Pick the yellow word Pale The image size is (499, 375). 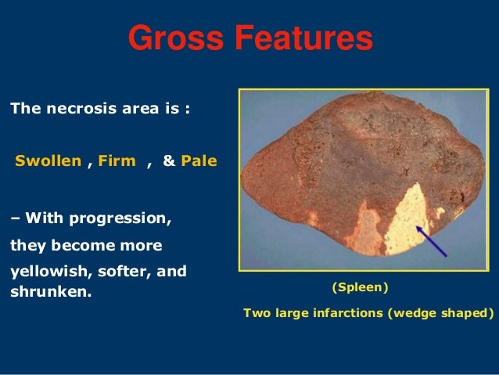tap(199, 162)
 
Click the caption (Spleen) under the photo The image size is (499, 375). tap(361, 288)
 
